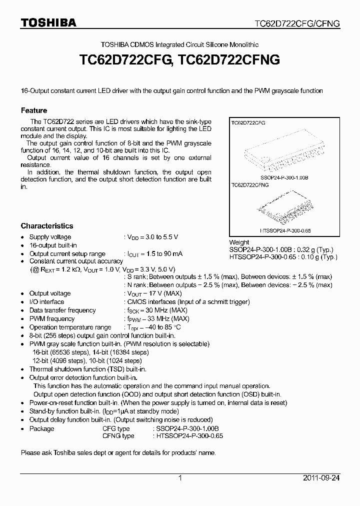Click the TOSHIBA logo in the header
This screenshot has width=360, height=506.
click(x=48, y=22)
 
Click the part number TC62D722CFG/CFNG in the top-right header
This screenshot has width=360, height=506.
click(x=297, y=23)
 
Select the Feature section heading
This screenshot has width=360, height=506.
click(x=34, y=110)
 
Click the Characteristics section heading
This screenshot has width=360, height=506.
click(x=46, y=226)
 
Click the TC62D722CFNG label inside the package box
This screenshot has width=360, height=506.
click(x=249, y=184)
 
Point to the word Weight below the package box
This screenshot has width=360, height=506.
click(x=239, y=242)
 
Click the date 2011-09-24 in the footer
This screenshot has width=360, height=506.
click(x=321, y=478)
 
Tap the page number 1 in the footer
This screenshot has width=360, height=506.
click(x=180, y=478)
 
